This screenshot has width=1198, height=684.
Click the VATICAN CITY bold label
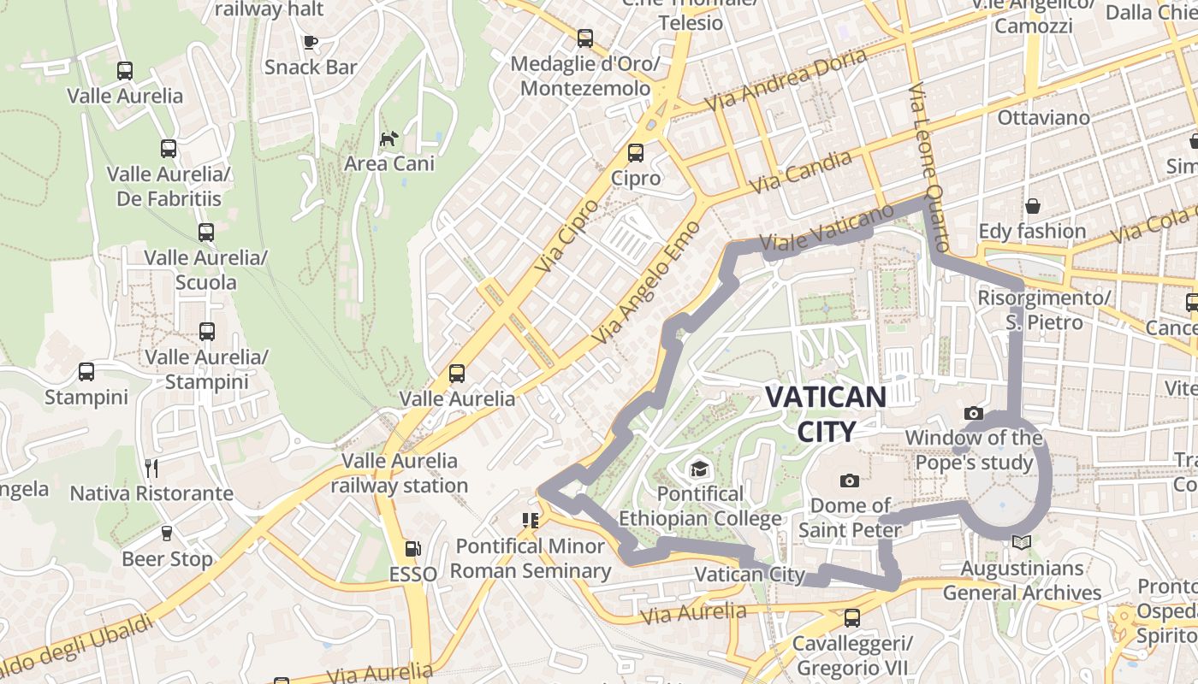(x=826, y=414)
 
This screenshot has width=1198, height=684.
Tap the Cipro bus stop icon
(x=635, y=153)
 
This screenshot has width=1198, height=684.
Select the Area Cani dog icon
(x=389, y=139)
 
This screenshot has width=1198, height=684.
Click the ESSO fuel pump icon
(x=412, y=549)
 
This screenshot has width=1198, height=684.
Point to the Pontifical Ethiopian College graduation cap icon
(x=700, y=469)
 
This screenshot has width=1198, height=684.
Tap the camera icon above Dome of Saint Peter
(x=849, y=481)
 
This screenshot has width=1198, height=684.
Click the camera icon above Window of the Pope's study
(x=973, y=414)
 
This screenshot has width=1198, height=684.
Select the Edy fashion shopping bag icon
(x=1033, y=206)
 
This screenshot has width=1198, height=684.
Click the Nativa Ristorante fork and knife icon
(x=151, y=468)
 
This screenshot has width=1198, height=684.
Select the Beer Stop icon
(x=167, y=534)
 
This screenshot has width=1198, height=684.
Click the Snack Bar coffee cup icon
(x=311, y=42)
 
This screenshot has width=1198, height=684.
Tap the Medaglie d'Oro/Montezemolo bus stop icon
(x=585, y=38)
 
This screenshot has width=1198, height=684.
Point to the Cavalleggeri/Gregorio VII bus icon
(x=851, y=617)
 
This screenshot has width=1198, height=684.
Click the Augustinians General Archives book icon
(x=1021, y=542)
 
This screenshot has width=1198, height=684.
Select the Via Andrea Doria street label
(x=786, y=80)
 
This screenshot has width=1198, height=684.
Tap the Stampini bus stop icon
(x=86, y=372)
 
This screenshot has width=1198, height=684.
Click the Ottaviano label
(x=1043, y=118)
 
